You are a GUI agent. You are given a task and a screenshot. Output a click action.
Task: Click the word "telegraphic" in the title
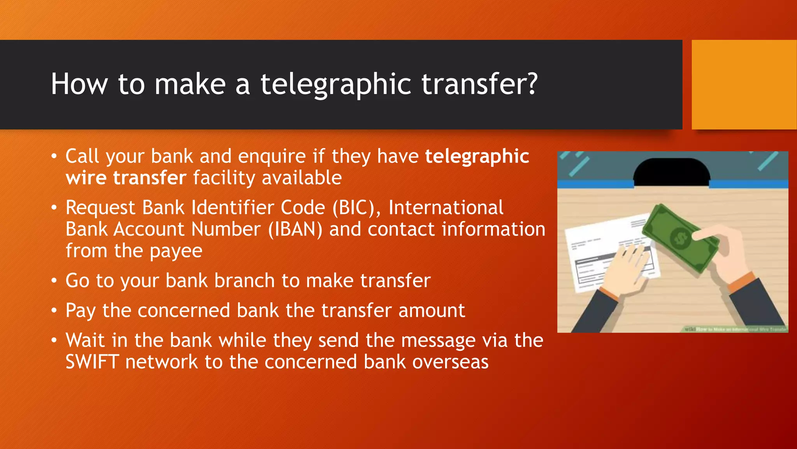click(x=335, y=84)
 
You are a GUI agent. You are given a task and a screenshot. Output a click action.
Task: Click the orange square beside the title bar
click(x=744, y=84)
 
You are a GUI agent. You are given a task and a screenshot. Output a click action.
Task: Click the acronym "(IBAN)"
click(x=295, y=229)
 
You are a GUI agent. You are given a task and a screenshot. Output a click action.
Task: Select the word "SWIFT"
click(x=92, y=362)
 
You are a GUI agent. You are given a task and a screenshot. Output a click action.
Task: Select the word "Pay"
click(x=81, y=311)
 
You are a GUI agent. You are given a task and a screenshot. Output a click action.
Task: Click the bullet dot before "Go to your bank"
click(x=54, y=281)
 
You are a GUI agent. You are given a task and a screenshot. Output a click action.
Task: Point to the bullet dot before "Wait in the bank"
click(x=54, y=340)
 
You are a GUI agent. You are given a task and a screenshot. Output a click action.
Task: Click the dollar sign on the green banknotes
click(x=681, y=237)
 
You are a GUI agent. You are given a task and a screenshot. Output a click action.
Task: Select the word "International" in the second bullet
click(x=446, y=207)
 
